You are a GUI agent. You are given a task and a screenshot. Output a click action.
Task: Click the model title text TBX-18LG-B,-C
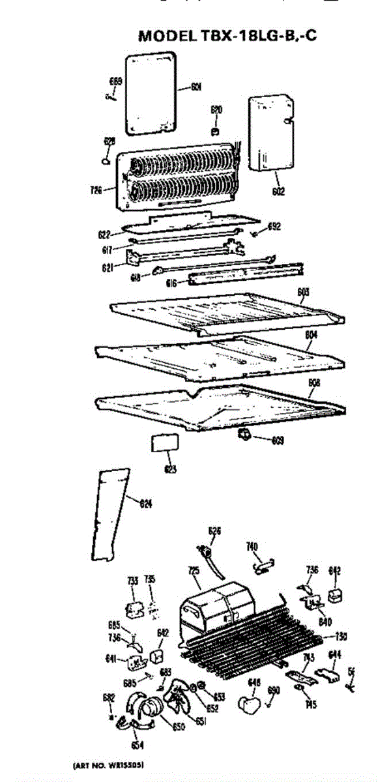[x=228, y=36]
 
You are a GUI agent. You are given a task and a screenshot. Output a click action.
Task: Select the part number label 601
[x=195, y=87]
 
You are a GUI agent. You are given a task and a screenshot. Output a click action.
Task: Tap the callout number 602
[x=278, y=192]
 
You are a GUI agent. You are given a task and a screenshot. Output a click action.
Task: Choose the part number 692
[x=274, y=227]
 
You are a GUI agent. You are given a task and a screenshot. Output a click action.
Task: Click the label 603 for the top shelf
[x=303, y=292]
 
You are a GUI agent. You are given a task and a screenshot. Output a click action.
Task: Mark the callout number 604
[x=311, y=335]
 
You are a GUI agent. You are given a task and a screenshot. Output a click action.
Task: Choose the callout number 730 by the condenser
[x=340, y=637]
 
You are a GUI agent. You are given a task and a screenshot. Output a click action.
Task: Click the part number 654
[x=138, y=746]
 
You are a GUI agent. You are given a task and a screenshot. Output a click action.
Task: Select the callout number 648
[x=254, y=682]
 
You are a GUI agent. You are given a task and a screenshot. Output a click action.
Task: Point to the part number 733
[x=132, y=581]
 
